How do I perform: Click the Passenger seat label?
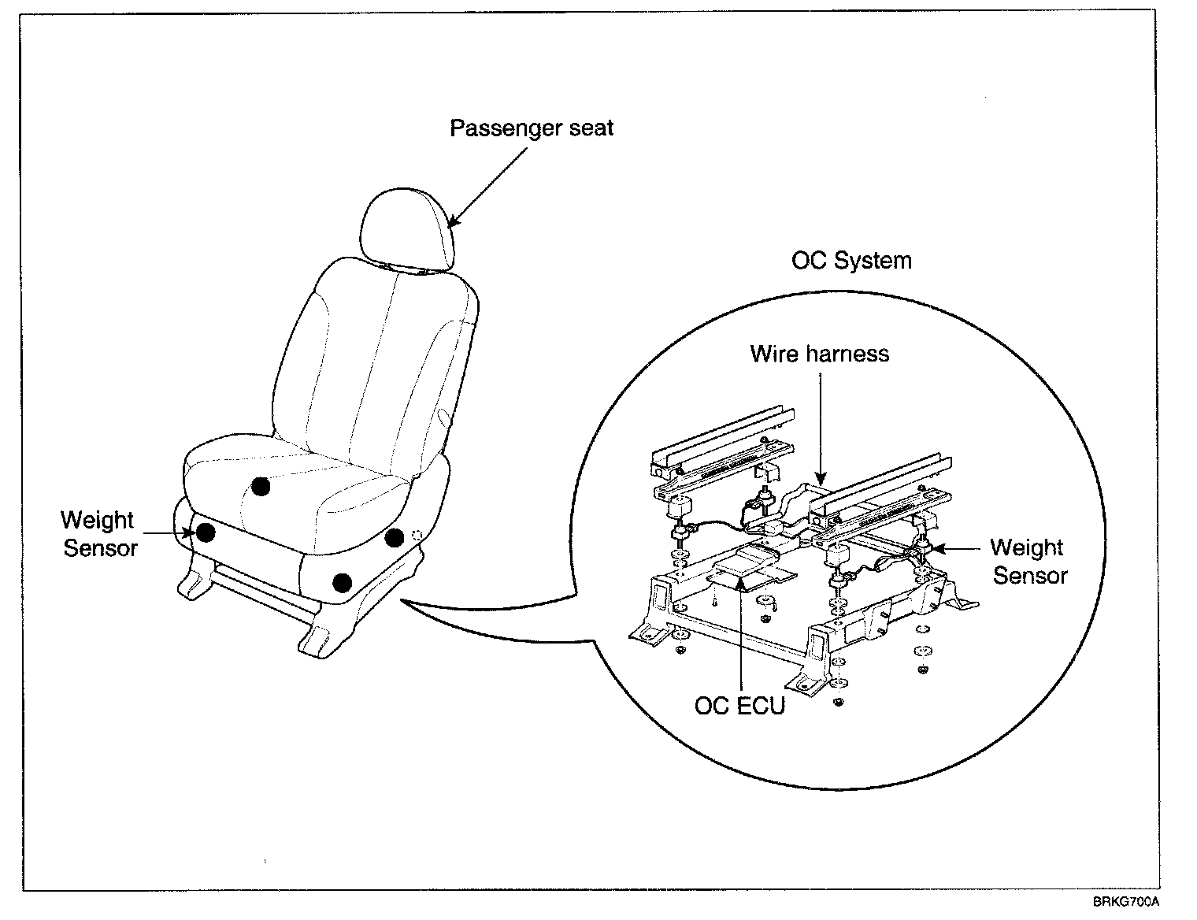click(532, 128)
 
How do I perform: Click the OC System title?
click(851, 261)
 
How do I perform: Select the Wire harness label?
click(819, 353)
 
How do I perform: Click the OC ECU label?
click(739, 705)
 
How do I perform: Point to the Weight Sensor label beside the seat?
click(99, 534)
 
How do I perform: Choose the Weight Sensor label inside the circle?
click(1028, 562)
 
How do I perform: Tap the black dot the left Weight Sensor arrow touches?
click(206, 532)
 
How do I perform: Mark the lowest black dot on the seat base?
click(342, 582)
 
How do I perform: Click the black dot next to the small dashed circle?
click(395, 538)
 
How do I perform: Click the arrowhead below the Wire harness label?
click(820, 479)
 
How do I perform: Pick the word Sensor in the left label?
click(100, 548)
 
